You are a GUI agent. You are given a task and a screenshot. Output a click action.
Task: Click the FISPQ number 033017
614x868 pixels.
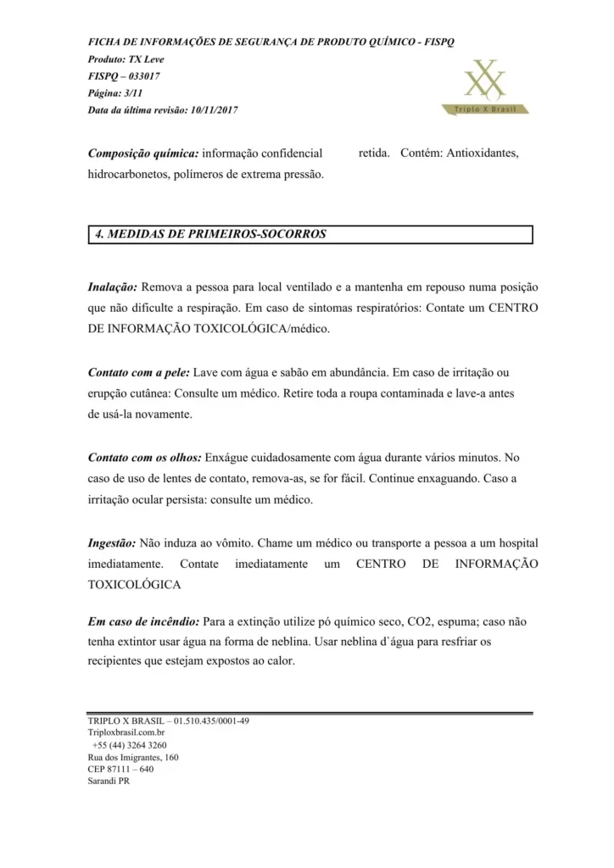142,76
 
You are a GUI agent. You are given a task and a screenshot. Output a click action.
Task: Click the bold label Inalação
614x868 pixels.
114,288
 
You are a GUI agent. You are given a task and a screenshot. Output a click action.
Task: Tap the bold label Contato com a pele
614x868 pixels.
139,373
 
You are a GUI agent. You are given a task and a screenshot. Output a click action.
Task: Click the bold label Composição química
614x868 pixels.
143,153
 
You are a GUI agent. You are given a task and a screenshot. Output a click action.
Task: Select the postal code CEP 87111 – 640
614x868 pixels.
120,769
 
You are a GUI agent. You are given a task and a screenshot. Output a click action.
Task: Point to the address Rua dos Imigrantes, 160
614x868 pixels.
133,757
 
